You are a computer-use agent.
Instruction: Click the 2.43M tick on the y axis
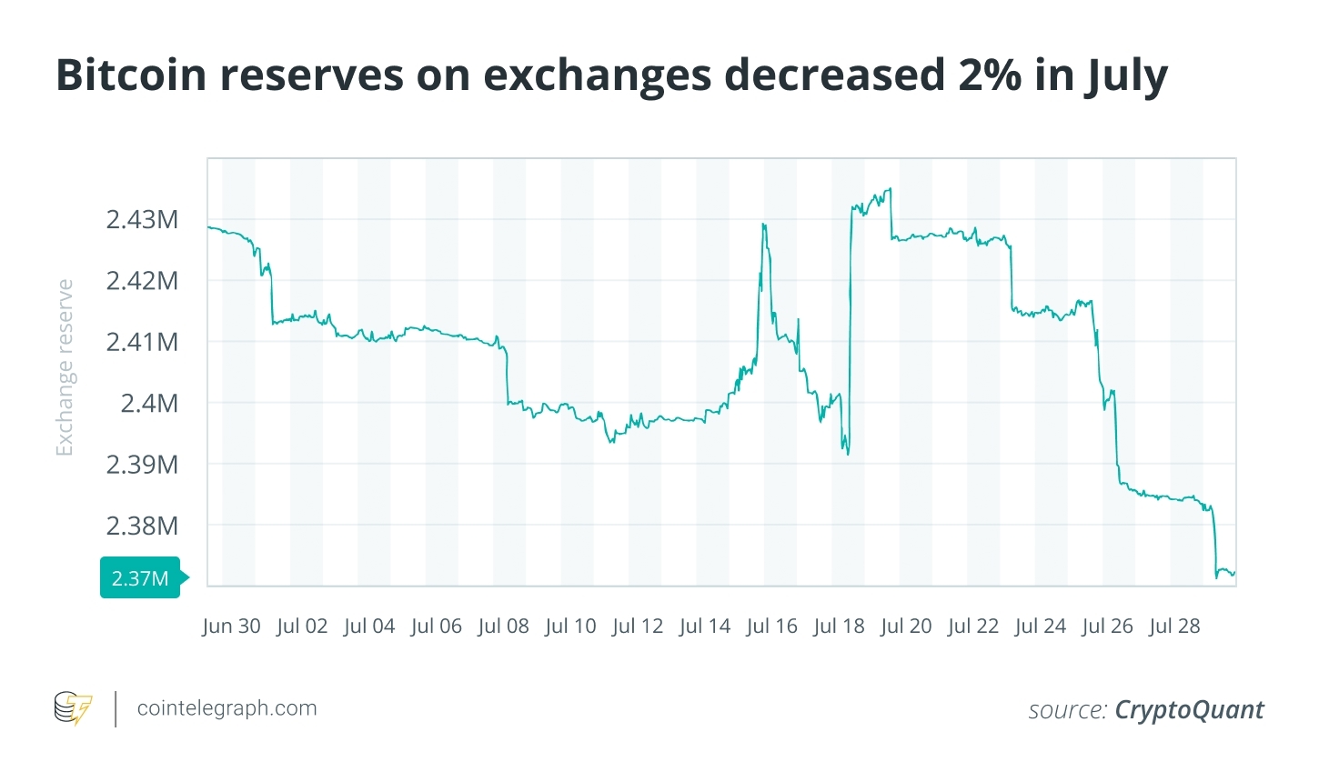point(142,219)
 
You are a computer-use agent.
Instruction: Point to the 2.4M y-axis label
point(149,403)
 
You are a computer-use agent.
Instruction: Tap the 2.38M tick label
point(142,526)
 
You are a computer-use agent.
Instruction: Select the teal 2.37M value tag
point(140,578)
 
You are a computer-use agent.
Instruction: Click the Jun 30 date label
point(231,627)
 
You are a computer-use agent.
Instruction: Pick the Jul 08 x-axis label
point(503,627)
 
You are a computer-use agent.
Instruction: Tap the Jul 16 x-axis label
point(771,627)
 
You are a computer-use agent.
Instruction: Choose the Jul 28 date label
point(1174,627)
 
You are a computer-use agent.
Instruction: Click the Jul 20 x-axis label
point(906,627)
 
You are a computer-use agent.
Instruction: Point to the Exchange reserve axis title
point(64,367)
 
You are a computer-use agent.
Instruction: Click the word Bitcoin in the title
point(131,75)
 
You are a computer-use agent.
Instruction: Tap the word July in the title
point(1126,76)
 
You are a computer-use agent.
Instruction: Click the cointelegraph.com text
point(227,708)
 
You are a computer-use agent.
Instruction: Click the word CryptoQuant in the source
point(1189,710)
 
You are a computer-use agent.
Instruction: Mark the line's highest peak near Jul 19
point(890,188)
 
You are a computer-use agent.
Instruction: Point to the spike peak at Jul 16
point(764,224)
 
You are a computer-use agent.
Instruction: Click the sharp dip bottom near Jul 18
point(848,454)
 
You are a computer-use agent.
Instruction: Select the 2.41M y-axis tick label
point(142,342)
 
